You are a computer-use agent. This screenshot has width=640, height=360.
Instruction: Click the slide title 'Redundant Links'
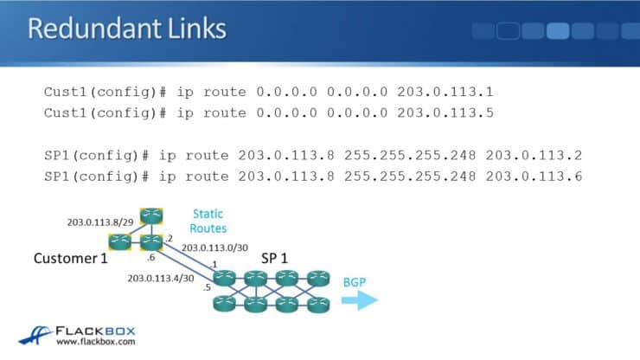click(127, 29)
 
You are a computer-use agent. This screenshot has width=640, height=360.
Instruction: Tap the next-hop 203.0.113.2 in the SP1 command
click(534, 156)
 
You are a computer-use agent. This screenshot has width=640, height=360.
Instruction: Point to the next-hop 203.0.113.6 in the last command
click(534, 177)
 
